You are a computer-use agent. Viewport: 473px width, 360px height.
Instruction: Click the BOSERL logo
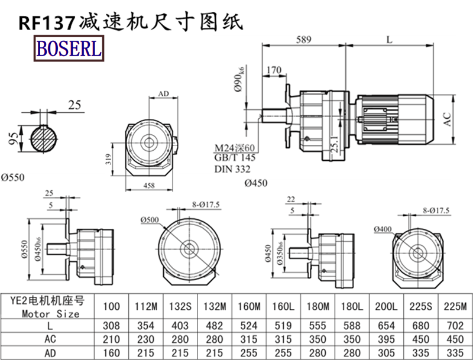pyautogui.click(x=69, y=48)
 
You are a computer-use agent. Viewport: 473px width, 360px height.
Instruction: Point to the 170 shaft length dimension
pyautogui.click(x=274, y=71)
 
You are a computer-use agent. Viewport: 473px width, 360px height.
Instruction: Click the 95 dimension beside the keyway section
pyautogui.click(x=11, y=138)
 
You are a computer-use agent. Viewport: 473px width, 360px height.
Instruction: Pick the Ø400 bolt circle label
pyautogui.click(x=383, y=228)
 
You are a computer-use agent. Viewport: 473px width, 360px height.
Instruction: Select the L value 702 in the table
pyautogui.click(x=455, y=326)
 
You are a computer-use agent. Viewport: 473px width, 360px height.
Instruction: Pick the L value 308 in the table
pyautogui.click(x=112, y=326)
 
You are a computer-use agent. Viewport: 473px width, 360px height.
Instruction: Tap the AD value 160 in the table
pyautogui.click(x=112, y=352)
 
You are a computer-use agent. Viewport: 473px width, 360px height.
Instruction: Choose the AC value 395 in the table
pyautogui.click(x=387, y=339)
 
